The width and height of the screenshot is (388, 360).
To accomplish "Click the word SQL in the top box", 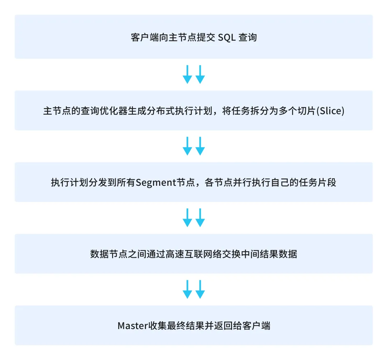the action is point(227,38).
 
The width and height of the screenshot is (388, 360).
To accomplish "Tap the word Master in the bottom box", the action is point(133,326).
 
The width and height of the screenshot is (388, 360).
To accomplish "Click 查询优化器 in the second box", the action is point(104,111).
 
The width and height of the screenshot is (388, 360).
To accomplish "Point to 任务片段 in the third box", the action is point(318,183).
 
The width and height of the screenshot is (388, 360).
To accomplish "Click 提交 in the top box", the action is point(206,38).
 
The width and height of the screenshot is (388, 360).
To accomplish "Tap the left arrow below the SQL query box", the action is point(187,74).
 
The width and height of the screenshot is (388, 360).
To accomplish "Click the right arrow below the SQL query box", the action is point(200,74).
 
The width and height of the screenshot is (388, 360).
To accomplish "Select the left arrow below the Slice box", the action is point(187,146).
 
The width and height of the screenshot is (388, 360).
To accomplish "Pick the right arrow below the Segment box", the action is point(200,218).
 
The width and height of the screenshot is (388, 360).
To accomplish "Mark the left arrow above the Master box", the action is point(187,290).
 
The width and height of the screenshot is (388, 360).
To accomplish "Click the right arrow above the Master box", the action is point(200,290).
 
